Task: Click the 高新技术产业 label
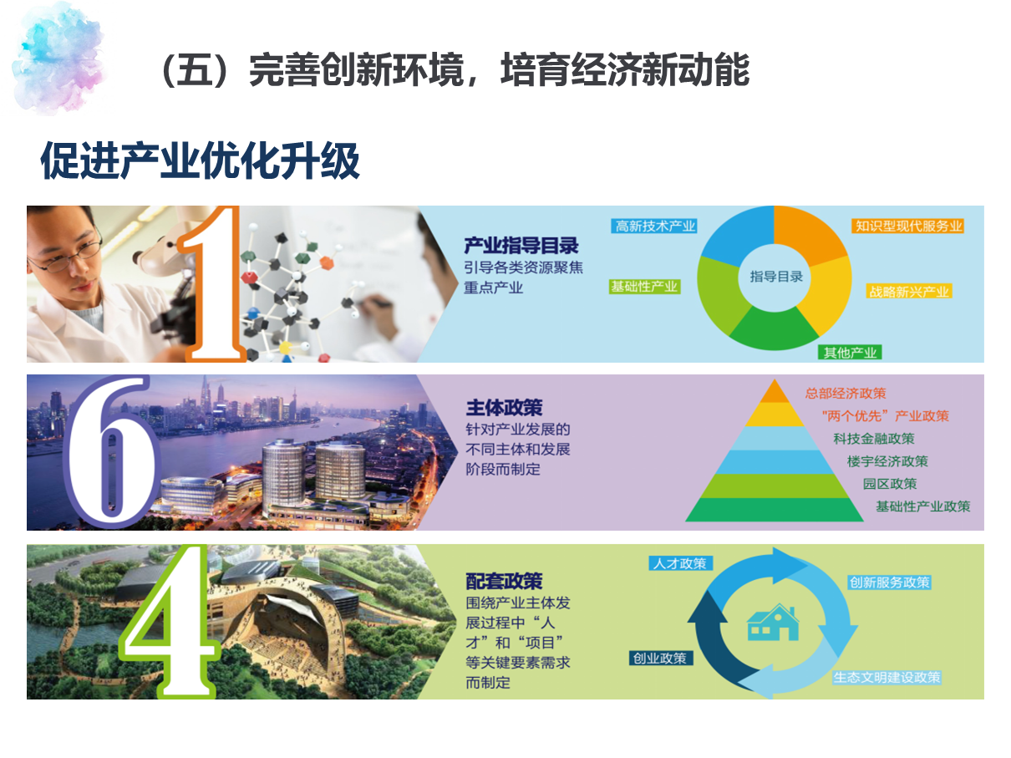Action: click(654, 226)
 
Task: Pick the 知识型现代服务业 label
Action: click(908, 226)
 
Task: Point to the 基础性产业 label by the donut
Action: click(644, 287)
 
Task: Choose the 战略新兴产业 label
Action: click(909, 292)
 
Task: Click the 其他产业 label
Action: click(850, 353)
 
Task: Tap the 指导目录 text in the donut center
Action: click(776, 277)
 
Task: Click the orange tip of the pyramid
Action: click(775, 392)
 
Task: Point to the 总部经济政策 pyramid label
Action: click(846, 394)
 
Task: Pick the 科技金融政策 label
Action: click(874, 439)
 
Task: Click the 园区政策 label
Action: click(890, 484)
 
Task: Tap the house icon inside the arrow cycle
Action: click(773, 623)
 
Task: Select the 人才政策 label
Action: click(680, 563)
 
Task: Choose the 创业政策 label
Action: click(660, 658)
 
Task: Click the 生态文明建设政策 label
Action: click(887, 678)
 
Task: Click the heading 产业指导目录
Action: click(521, 246)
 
